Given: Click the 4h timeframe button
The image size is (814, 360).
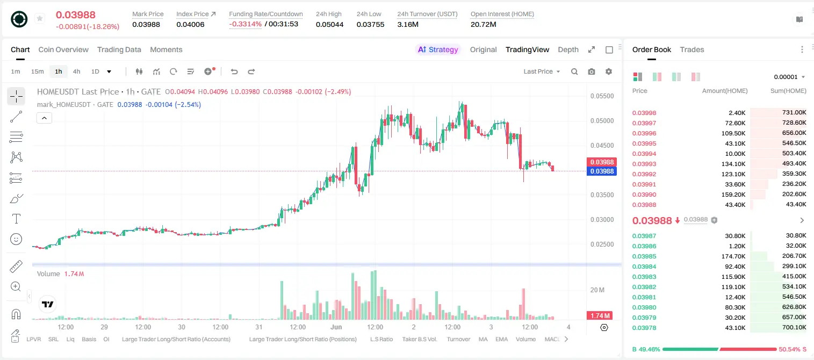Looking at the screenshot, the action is coord(76,71).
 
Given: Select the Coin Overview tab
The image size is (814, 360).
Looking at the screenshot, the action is coord(63,50).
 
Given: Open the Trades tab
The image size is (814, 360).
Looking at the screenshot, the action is coord(691,50).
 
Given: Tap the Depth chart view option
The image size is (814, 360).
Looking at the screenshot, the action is coord(568,50).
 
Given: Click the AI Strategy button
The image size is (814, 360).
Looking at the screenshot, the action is coord(437,50).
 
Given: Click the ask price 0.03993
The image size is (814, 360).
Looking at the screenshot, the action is coord(644,164).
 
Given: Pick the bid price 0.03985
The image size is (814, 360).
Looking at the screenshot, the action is coord(644,256).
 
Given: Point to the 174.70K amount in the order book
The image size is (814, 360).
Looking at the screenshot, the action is coord(733,256).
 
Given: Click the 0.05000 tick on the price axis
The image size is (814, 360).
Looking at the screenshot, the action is coord(602,120).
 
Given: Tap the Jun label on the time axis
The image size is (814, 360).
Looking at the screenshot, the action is coord(336,327).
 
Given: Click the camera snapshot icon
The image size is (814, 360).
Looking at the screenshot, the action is coord(592,71).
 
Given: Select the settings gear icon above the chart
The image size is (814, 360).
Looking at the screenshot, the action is coord(609,71).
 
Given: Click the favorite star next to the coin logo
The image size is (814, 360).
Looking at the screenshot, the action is coord(40,18).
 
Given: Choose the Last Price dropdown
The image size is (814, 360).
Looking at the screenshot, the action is coord(542,71).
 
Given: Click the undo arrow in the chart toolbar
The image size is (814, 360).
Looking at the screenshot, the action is coord(234,71).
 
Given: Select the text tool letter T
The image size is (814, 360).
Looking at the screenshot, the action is coord(16,219).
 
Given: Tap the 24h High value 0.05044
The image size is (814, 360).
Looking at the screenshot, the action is coord(329,24).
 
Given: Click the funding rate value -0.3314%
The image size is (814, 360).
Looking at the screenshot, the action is coord(246,24).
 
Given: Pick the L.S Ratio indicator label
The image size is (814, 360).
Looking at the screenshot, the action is coord(381,339).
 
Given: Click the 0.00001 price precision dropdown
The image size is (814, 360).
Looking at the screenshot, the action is coord(789,77).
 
